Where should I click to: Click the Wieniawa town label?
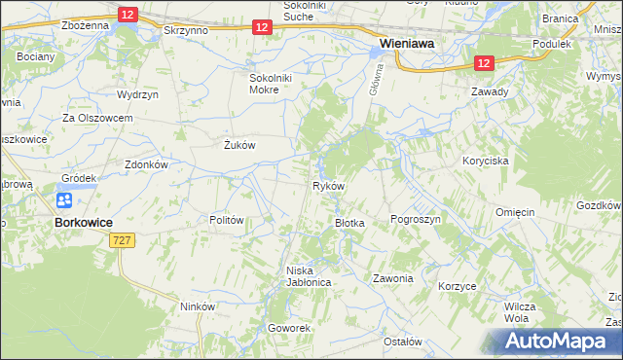coord(407,44)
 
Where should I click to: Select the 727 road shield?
coord(122,239)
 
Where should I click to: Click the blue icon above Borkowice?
coord(64,200)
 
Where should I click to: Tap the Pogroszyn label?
coord(416,220)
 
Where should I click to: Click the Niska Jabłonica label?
coord(309,275)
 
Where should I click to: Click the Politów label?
coord(226,220)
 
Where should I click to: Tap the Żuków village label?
coord(238,145)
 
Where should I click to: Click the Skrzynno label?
coord(186,31)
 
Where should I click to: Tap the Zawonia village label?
coord(392,278)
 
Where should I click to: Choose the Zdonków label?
coord(147,165)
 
